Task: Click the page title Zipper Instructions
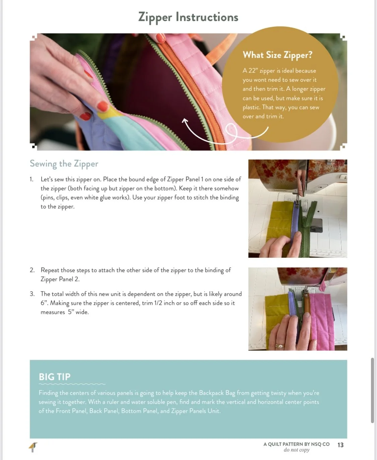(x=188, y=17)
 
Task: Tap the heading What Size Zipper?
(x=277, y=55)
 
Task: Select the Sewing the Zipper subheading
(x=64, y=164)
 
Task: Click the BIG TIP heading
(x=55, y=377)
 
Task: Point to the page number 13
(x=340, y=445)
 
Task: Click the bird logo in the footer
(x=33, y=447)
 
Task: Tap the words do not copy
(x=297, y=450)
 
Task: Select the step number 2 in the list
(x=32, y=270)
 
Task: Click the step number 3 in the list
(x=32, y=294)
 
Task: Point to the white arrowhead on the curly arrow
(x=185, y=121)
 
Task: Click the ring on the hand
(x=279, y=346)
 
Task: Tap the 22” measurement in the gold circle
(x=252, y=71)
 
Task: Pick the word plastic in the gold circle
(x=251, y=108)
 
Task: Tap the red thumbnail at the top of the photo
(x=161, y=38)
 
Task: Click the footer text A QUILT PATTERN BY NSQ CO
(x=297, y=444)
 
